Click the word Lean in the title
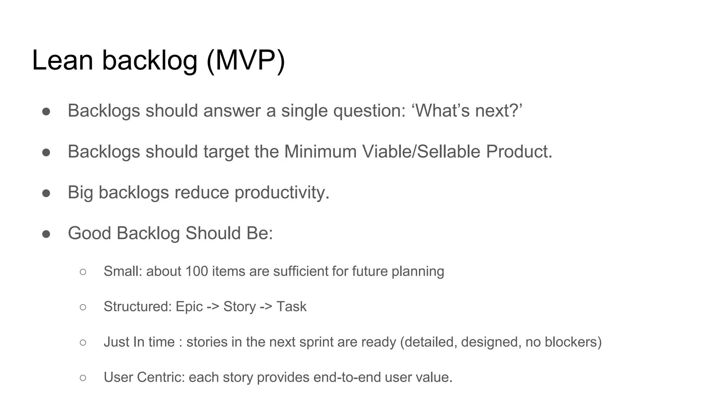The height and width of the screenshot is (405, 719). [62, 60]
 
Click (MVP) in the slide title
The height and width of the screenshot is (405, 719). [246, 60]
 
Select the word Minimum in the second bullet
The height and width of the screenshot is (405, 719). [320, 152]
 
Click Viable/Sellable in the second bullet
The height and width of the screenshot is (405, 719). [421, 152]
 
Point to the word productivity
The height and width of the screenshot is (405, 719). [282, 193]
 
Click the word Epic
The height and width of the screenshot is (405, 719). [189, 307]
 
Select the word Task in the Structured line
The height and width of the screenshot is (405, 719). [291, 307]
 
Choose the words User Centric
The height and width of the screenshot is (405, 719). [144, 377]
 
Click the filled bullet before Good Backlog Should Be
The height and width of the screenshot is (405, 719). [46, 234]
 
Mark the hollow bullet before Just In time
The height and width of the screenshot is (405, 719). [83, 342]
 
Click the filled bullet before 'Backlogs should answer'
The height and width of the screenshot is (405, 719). [46, 111]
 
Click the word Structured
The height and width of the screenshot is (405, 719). [137, 307]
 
